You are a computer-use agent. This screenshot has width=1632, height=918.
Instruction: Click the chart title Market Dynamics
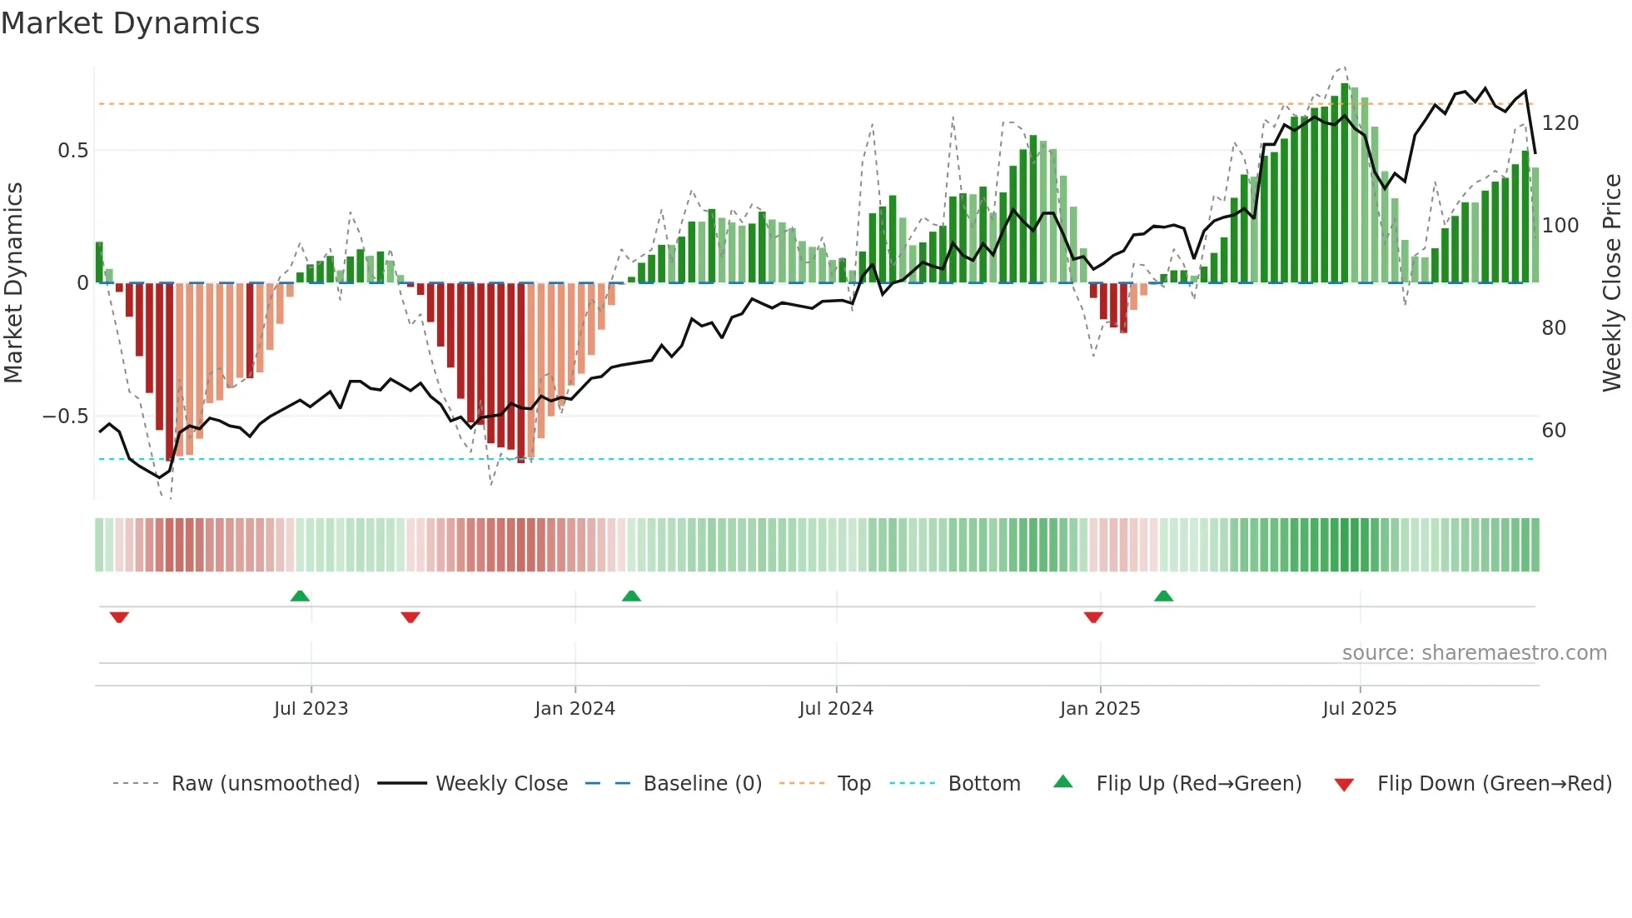point(130,23)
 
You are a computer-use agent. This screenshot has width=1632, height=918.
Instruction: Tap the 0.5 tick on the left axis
point(72,151)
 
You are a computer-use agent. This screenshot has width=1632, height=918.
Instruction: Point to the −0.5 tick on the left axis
point(65,417)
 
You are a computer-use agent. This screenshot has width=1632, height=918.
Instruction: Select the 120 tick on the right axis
point(1560,123)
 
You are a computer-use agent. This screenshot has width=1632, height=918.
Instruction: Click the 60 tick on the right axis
point(1554,431)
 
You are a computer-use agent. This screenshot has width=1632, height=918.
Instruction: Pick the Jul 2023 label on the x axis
point(311,709)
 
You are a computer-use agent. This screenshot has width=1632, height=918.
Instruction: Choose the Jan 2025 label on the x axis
point(1099,709)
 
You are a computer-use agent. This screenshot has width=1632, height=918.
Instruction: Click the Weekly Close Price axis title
point(1612,283)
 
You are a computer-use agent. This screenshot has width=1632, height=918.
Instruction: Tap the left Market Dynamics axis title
point(13,283)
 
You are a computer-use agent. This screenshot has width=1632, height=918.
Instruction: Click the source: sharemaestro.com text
point(1474,653)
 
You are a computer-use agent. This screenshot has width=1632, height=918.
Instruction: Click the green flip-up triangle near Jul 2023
point(300,596)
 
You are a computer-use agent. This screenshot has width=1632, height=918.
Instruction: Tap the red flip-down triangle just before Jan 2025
point(1093,617)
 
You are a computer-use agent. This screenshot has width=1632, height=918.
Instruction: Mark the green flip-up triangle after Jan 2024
point(631,596)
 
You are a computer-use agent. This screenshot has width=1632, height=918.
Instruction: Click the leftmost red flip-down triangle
point(119,617)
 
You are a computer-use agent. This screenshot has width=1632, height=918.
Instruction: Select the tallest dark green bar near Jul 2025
point(1345,183)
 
